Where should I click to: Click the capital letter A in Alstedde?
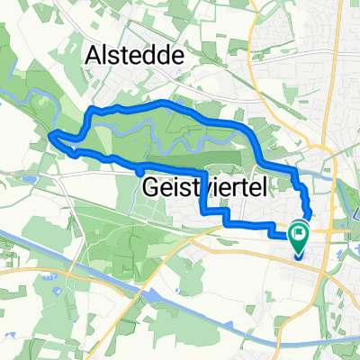[x=94, y=57]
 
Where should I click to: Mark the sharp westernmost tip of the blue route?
[x=50, y=136]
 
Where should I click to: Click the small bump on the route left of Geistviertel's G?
[x=139, y=168]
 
